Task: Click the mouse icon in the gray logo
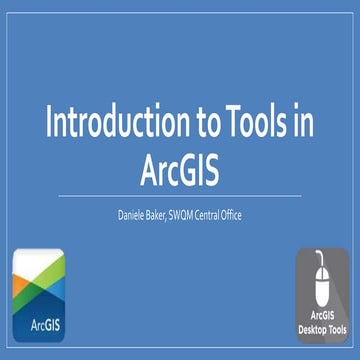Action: (321, 284)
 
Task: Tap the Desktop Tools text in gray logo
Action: (321, 330)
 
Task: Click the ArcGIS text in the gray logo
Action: (321, 318)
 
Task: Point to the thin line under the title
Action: (180, 196)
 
